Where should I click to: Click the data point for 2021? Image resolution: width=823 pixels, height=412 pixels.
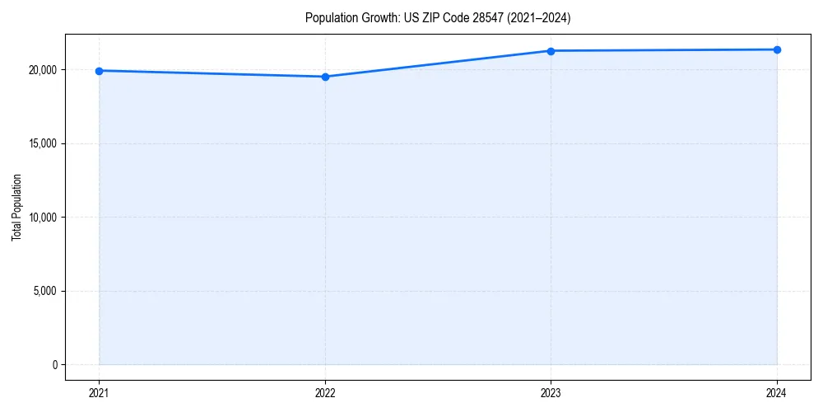(x=100, y=71)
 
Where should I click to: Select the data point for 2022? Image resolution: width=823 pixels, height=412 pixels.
(x=325, y=77)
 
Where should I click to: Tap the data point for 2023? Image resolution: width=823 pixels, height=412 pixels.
(x=551, y=51)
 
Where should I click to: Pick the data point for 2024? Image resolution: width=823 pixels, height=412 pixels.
(x=777, y=49)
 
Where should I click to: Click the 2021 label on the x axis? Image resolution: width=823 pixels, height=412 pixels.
(x=100, y=392)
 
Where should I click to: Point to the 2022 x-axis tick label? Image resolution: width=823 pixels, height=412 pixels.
(x=325, y=392)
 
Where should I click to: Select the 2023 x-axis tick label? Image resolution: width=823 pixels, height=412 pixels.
(x=551, y=392)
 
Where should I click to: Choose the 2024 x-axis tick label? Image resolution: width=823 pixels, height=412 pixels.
(x=777, y=392)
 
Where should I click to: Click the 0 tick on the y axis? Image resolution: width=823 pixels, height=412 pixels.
(x=54, y=364)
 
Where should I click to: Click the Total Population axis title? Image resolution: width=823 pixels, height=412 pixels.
(x=16, y=207)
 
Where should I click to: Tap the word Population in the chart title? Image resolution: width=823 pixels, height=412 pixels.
(x=330, y=17)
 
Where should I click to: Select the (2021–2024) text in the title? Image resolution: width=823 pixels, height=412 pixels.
(x=536, y=17)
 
